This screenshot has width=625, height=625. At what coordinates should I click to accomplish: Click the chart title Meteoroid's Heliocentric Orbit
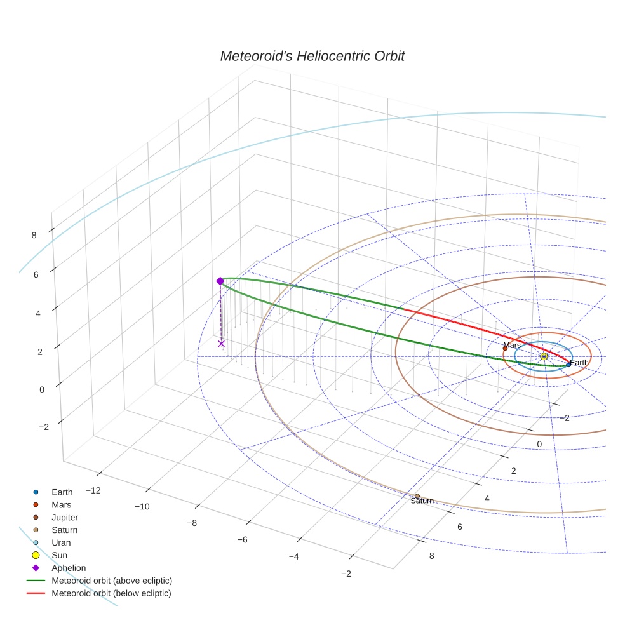(x=312, y=56)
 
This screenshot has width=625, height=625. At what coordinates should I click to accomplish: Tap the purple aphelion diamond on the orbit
(x=220, y=281)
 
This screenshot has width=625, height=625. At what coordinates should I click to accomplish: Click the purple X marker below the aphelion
(x=221, y=344)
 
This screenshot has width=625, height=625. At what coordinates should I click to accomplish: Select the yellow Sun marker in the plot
(x=544, y=356)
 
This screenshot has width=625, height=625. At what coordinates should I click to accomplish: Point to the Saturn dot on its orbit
(x=417, y=495)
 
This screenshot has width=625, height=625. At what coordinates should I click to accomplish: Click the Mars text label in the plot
(x=512, y=345)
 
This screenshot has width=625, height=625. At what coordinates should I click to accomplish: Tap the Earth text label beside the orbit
(x=579, y=363)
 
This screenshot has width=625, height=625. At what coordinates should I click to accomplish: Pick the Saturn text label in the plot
(x=422, y=501)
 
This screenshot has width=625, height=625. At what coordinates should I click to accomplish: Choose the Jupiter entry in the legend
(x=65, y=517)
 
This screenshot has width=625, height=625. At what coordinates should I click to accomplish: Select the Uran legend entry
(x=61, y=542)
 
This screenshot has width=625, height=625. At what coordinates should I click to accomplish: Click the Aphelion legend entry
(x=69, y=568)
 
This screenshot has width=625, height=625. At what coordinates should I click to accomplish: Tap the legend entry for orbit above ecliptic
(x=112, y=581)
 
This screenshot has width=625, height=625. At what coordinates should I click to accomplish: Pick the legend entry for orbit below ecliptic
(x=111, y=593)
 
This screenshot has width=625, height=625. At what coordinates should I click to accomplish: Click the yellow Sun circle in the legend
(x=36, y=555)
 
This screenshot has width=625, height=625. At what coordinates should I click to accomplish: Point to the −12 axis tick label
(x=93, y=490)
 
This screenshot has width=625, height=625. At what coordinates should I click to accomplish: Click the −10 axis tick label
(x=141, y=506)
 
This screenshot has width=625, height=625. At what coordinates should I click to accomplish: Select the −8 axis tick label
(x=192, y=523)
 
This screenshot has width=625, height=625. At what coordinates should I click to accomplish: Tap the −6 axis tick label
(x=242, y=539)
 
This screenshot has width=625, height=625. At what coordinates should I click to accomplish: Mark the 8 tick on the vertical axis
(x=34, y=235)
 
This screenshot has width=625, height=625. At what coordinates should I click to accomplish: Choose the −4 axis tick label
(x=293, y=556)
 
